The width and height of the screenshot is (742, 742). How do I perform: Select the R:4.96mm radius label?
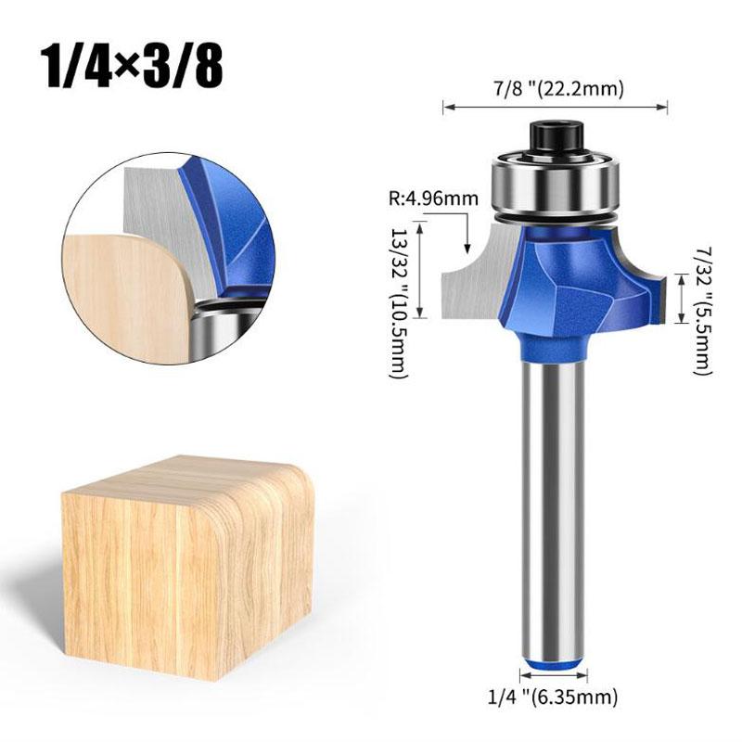(432, 197)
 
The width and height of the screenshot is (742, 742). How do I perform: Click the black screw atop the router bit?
(556, 136)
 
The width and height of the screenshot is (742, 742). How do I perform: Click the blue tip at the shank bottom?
(555, 660)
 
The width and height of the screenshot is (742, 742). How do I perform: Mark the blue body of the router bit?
(566, 288)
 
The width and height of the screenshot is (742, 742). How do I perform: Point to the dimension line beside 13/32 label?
(424, 269)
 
